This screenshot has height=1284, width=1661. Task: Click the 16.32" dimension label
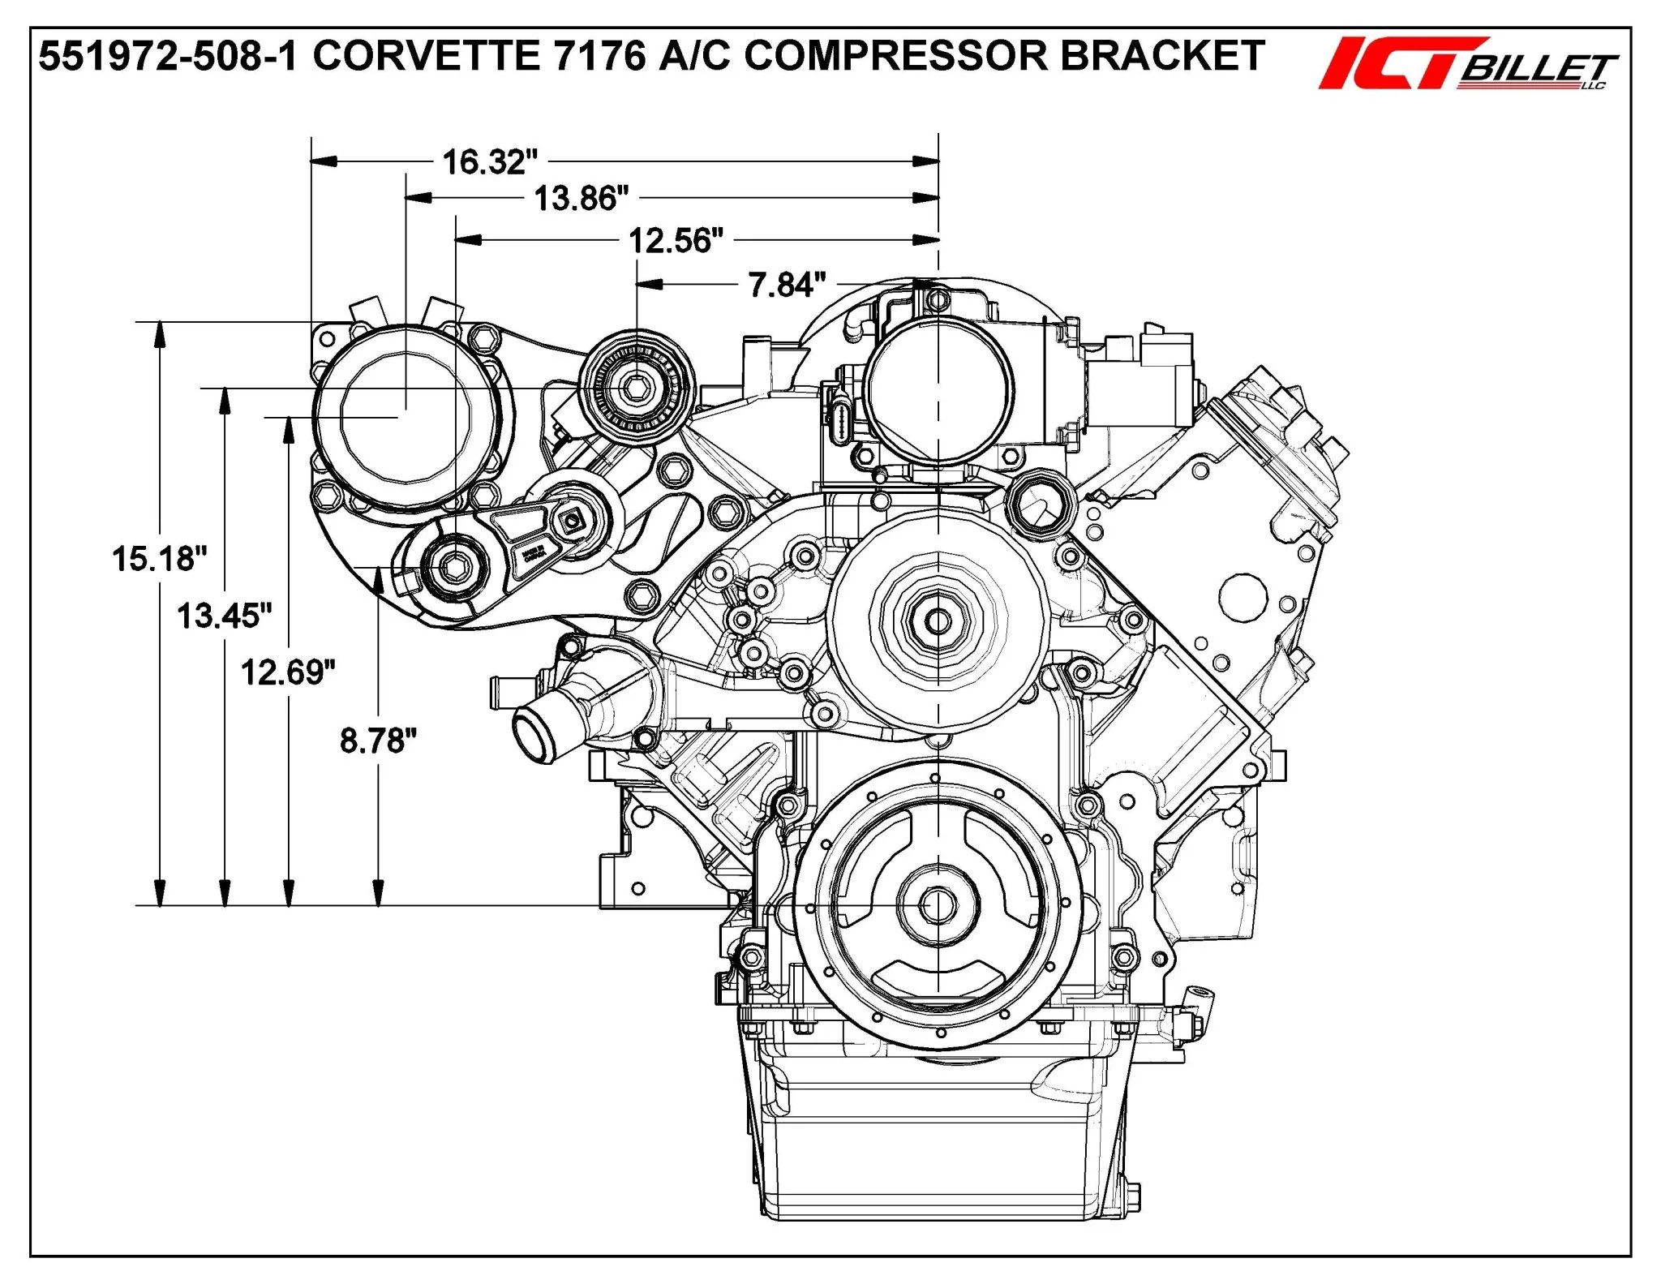click(x=490, y=162)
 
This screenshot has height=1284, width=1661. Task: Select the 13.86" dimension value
click(x=582, y=198)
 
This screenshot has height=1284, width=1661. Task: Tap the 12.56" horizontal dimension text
click(x=676, y=241)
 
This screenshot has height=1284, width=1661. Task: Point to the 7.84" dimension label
click(x=787, y=285)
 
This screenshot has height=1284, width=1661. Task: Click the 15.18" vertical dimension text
click(x=160, y=559)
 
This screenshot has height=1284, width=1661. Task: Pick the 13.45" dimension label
click(x=225, y=616)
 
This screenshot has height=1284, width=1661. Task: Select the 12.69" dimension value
click(x=288, y=672)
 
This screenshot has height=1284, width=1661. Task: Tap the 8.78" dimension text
click(x=378, y=741)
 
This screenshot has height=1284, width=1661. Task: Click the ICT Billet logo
click(x=1468, y=64)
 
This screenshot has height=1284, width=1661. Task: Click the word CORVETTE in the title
click(x=427, y=56)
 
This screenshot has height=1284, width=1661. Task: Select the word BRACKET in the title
click(x=1163, y=56)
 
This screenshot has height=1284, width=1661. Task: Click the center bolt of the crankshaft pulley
click(x=938, y=904)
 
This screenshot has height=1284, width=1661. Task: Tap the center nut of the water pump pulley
click(x=938, y=622)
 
